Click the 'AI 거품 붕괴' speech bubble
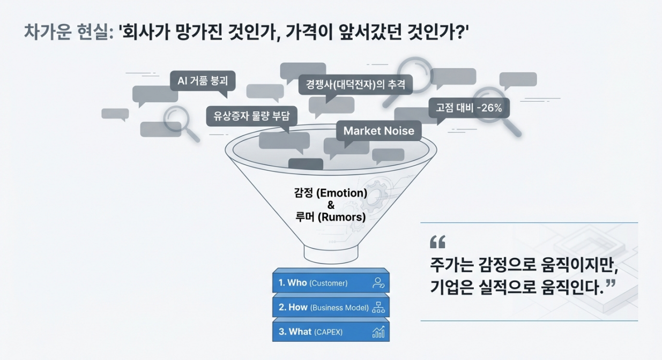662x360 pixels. (x=203, y=81)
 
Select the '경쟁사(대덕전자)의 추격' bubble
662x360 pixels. (x=355, y=84)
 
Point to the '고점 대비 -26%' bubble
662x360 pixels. (x=468, y=108)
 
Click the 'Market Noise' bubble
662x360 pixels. (x=378, y=131)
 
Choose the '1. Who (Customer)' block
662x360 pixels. (x=331, y=283)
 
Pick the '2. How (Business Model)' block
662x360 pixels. (x=331, y=307)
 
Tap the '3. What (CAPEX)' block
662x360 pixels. (x=331, y=332)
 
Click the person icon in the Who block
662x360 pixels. (x=378, y=283)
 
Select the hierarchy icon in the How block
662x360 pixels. (x=378, y=307)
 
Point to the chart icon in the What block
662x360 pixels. (x=378, y=332)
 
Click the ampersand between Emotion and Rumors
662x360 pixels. (x=331, y=205)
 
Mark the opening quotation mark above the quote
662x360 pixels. (x=437, y=242)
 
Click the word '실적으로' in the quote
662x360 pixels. (x=501, y=289)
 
